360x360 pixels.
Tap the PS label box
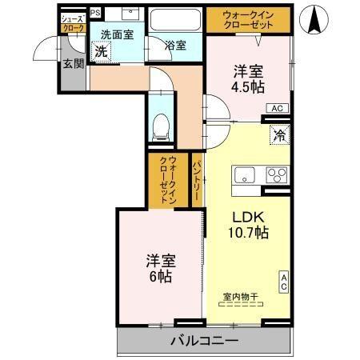[x=95, y=13]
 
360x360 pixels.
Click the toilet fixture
[x=161, y=124]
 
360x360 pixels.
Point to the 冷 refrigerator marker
[x=280, y=135]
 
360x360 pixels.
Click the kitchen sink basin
[x=243, y=175]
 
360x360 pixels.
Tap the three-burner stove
[x=276, y=175]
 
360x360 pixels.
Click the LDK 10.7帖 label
[x=250, y=224]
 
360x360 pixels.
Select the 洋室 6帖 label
[x=159, y=268]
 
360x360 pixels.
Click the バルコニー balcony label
[x=203, y=342]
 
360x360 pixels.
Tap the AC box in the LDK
[x=283, y=281]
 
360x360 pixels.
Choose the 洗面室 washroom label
[x=116, y=35]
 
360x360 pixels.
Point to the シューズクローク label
[x=72, y=22]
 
